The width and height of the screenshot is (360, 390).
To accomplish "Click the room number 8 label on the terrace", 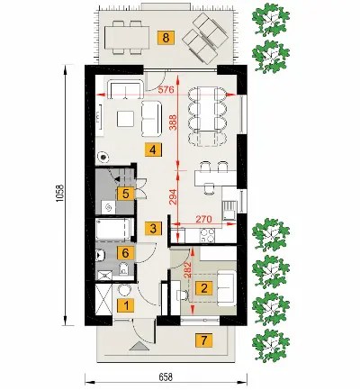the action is pyautogui.click(x=166, y=38).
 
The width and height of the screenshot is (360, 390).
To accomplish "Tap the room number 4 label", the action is pyautogui.click(x=153, y=150).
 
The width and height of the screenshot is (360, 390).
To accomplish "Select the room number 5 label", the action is pyautogui.click(x=126, y=194).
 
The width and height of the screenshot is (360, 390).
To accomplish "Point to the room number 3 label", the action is pyautogui.click(x=153, y=229).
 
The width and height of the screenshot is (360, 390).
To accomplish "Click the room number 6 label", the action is pyautogui.click(x=126, y=253).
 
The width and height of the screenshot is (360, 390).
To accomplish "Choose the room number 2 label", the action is pyautogui.click(x=204, y=288).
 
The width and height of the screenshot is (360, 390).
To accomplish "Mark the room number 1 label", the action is pyautogui.click(x=126, y=306).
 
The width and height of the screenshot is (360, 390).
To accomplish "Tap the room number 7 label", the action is pyautogui.click(x=204, y=340).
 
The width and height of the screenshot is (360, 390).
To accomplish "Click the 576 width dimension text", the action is pyautogui.click(x=166, y=89).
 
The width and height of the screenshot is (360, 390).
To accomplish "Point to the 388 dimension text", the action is pyautogui.click(x=173, y=122).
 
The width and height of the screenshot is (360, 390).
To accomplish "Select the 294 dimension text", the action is pyautogui.click(x=173, y=196).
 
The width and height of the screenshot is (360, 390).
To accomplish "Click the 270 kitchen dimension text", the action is pyautogui.click(x=203, y=219).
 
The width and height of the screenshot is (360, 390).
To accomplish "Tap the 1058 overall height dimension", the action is pyautogui.click(x=60, y=193).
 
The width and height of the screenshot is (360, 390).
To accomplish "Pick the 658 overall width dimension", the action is pyautogui.click(x=166, y=376).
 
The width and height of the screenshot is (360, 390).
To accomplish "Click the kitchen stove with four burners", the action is pyautogui.click(x=207, y=235).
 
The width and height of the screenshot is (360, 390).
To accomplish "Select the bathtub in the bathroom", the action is pyautogui.click(x=113, y=230).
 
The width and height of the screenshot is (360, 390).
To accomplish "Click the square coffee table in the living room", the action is pyautogui.click(x=125, y=119).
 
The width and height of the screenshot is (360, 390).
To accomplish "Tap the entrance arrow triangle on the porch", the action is pyautogui.click(x=139, y=346).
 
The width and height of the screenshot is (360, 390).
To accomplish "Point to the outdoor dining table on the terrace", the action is pyautogui.click(x=127, y=38).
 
